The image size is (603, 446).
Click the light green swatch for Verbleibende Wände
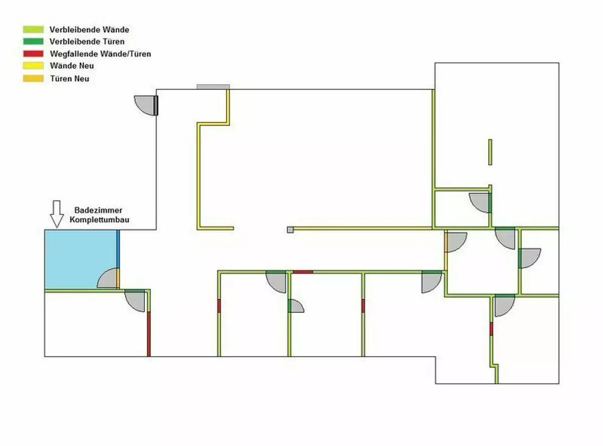pos(33,29)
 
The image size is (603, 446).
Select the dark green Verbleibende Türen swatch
pos(33,41)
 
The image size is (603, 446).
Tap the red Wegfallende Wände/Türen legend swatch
pos(33,54)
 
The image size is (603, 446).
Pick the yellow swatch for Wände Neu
pos(33,66)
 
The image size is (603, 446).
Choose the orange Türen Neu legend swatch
pos(33,78)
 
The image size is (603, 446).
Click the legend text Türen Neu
pos(70,79)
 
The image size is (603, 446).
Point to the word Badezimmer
pos(98,210)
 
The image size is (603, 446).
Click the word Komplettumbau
pos(99,219)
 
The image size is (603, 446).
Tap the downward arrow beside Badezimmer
pos(57,214)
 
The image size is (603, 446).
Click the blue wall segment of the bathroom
pos(118,249)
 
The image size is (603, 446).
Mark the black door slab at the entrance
pos(156,105)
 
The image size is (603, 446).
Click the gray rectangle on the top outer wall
pos(214,87)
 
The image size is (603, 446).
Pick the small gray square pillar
pos(290,230)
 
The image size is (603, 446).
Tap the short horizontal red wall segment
pos(303,272)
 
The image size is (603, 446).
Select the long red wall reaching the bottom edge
pos(149,334)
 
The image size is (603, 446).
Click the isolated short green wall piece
pos(490,152)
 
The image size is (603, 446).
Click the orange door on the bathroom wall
pos(118,278)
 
